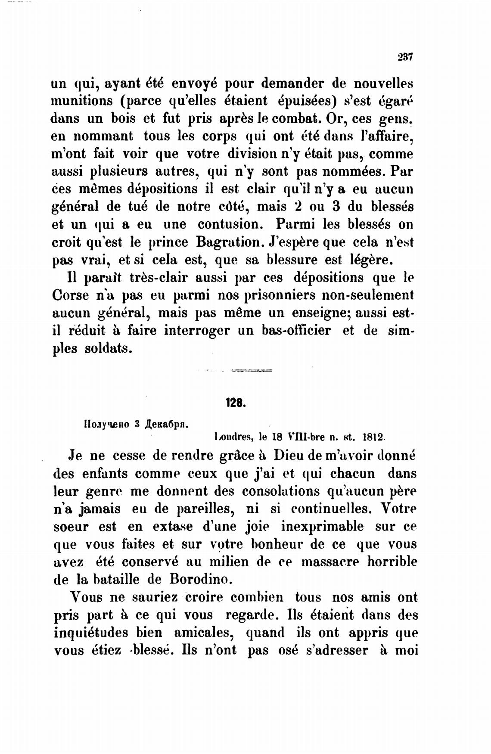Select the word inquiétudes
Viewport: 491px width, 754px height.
pos(91,633)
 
